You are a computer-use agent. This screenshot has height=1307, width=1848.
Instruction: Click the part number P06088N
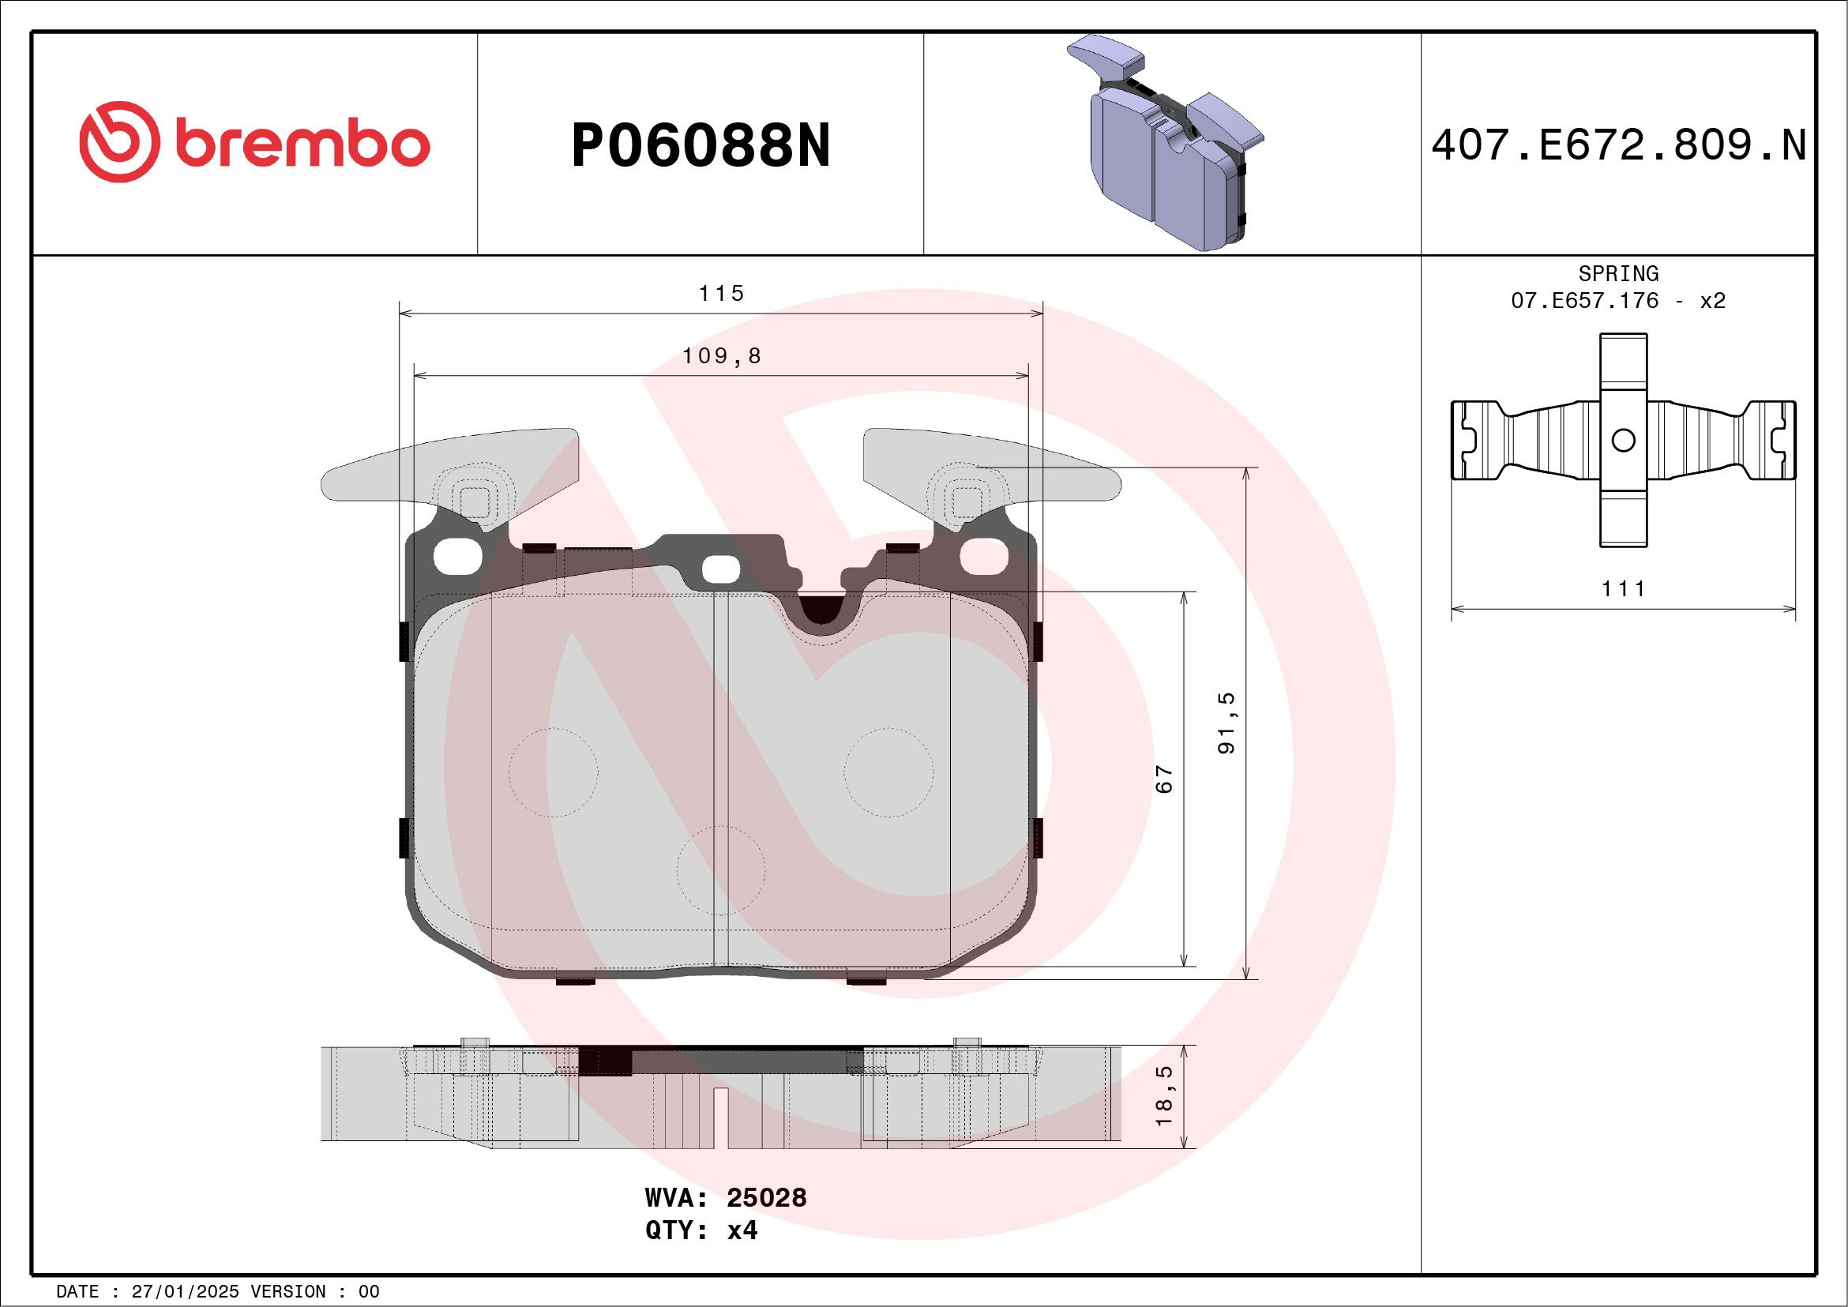coord(701,146)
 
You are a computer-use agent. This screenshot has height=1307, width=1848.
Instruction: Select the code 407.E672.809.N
coord(1619,145)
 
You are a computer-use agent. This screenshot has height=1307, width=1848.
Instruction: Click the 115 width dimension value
coord(721,294)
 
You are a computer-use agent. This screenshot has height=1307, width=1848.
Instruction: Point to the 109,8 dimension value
coord(721,355)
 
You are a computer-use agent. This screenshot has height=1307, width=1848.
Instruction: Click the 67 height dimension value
coord(1164,779)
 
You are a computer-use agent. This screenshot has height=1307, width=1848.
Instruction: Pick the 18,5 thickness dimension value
coord(1164,1095)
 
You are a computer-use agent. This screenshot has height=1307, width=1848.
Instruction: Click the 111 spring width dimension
coord(1623,589)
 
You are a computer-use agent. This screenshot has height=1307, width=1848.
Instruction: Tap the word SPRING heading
coord(1618,273)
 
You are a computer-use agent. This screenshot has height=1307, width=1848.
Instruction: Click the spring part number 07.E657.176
coord(1584,301)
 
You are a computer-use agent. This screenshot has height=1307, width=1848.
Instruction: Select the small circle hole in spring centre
coord(1624,440)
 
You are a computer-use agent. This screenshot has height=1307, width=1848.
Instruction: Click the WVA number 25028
coord(765,1197)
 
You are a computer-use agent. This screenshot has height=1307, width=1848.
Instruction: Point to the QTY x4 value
coord(742,1230)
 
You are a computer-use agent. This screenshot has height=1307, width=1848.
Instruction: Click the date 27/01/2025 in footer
coord(184,1292)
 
